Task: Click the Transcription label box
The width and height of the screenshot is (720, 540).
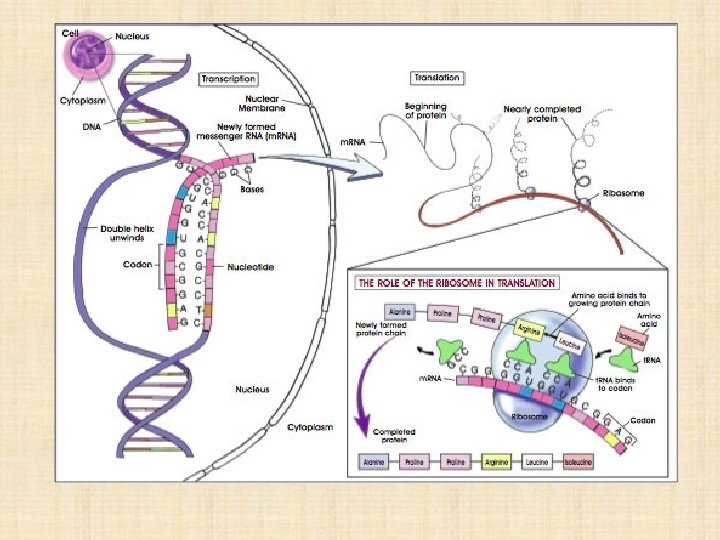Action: point(228,78)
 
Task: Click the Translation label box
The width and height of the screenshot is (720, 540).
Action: point(437,77)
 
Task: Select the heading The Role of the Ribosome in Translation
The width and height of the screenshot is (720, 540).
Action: point(457,283)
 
